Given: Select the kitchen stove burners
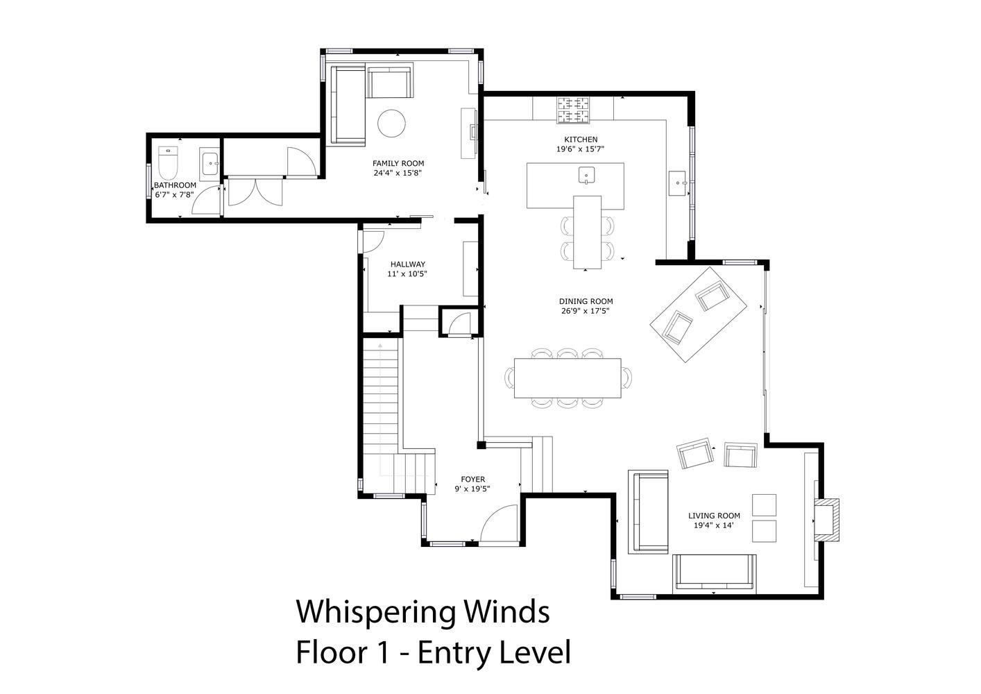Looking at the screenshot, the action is [x=573, y=110].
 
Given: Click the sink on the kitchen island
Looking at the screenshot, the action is [x=586, y=175].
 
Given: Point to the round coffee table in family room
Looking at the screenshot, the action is [x=391, y=124].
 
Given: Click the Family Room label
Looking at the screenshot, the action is [x=398, y=163].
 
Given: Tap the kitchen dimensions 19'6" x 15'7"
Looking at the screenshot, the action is [x=580, y=149].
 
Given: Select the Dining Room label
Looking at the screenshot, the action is [x=586, y=301].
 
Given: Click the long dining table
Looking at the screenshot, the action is [x=567, y=378].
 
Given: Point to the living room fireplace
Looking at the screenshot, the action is [x=826, y=520].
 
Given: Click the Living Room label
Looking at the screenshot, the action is [x=714, y=516].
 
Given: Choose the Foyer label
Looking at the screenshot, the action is [x=472, y=480].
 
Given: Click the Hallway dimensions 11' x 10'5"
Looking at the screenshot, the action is [x=407, y=274].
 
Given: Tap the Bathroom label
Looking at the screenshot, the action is [x=175, y=185].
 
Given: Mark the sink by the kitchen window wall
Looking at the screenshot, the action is [x=679, y=183].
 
